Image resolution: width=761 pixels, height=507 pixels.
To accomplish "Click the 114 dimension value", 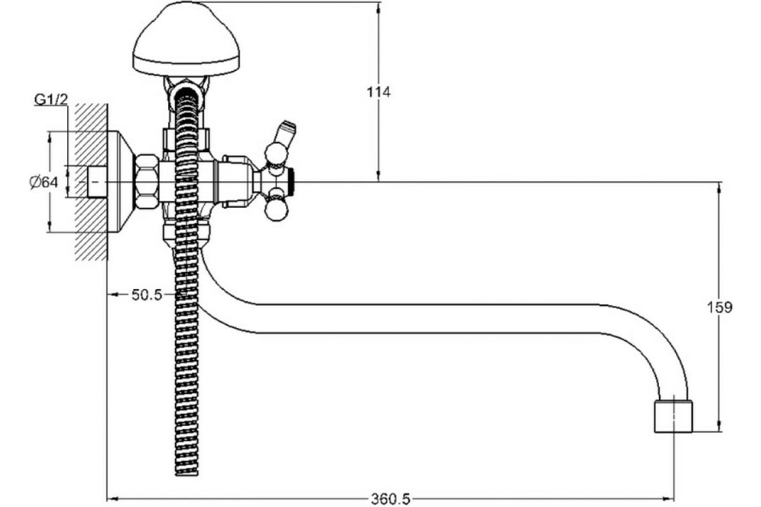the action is [379, 92].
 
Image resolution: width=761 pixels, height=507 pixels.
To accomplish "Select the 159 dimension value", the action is [720, 307].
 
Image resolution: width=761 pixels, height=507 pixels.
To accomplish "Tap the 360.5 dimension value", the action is [391, 499].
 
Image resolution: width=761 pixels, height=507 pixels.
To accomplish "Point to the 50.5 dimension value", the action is [147, 295].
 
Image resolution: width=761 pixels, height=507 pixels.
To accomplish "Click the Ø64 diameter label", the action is [44, 183].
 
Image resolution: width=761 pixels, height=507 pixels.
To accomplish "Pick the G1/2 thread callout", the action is [51, 99].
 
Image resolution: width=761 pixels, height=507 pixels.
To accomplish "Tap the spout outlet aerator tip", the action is [673, 416].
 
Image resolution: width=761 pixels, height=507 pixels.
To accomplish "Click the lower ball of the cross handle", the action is [276, 210].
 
